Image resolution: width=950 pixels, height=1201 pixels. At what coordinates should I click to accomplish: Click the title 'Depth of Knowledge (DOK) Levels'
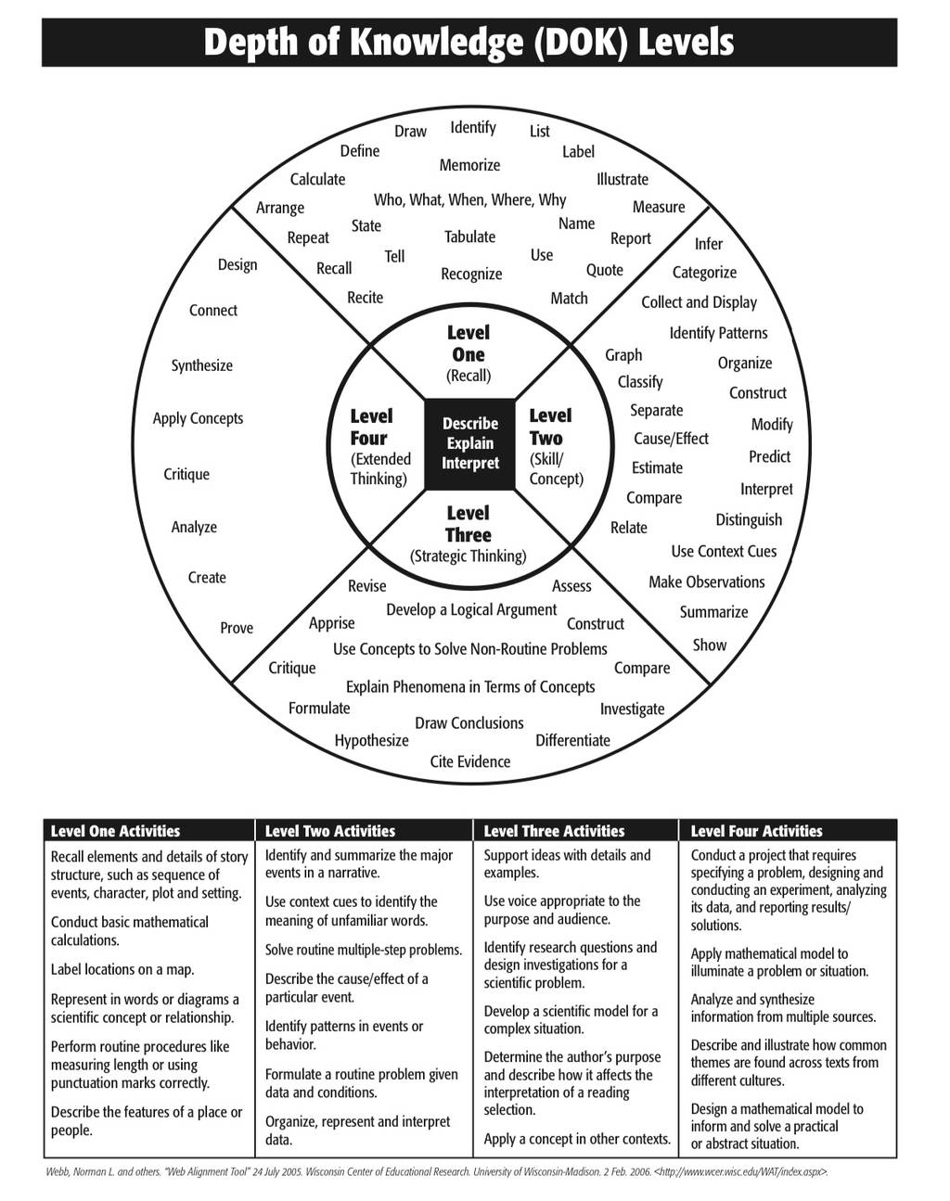469,43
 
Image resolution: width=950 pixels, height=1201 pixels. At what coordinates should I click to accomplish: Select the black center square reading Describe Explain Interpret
469,444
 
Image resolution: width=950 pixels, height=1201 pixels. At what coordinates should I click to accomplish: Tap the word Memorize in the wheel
469,165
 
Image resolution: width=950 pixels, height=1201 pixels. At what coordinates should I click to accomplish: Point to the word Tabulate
469,236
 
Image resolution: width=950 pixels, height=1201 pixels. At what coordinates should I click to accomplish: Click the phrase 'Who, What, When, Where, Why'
469,199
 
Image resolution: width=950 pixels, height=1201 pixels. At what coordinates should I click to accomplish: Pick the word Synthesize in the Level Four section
201,365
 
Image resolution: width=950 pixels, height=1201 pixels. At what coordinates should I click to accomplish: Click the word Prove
237,628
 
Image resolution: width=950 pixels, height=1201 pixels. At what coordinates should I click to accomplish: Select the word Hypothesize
371,741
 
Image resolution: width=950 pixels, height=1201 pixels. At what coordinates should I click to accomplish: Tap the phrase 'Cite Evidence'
470,761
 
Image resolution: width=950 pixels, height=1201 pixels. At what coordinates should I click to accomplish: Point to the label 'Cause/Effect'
671,439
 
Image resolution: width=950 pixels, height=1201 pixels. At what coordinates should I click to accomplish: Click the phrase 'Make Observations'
707,582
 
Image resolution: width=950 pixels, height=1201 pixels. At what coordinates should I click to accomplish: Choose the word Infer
709,244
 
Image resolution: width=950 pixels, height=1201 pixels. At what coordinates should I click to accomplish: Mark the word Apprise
332,623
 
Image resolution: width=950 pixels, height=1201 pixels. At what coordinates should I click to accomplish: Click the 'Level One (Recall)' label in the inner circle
469,354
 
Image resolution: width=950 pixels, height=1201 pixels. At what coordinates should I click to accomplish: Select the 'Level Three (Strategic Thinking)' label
469,534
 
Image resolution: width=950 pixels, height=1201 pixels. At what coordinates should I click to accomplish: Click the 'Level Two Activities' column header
330,831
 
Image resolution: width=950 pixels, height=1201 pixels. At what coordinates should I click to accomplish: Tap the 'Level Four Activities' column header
757,831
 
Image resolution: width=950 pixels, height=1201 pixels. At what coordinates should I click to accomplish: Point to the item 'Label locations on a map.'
122,969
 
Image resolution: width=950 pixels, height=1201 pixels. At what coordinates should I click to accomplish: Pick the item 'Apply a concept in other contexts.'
577,1139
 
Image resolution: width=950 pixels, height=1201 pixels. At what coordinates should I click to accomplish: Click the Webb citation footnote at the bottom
437,1171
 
